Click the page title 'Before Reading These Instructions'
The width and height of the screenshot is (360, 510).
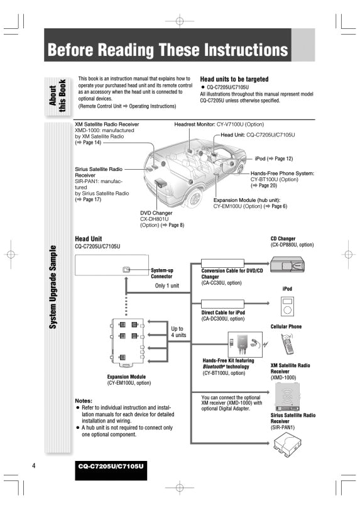click(168, 50)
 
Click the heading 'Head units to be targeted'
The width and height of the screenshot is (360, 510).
click(234, 79)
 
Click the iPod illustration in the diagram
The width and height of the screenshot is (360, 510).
click(287, 307)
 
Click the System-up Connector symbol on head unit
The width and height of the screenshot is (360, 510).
click(126, 269)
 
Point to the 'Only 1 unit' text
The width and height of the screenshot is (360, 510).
click(167, 285)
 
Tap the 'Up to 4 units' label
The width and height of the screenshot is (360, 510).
click(178, 332)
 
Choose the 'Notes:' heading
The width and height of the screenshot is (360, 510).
click(84, 401)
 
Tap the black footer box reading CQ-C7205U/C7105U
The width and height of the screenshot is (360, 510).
click(111, 467)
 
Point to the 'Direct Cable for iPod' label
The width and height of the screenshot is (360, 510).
click(223, 313)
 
